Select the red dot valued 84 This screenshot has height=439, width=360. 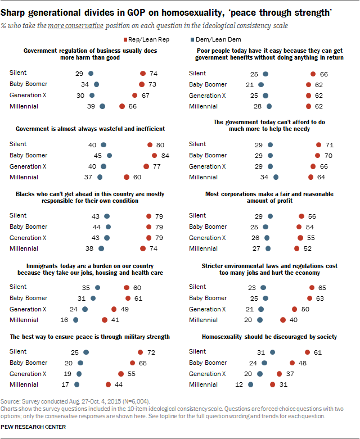tap(154, 155)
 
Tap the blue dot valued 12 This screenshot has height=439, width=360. tap(251, 384)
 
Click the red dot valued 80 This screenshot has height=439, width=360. tap(150, 144)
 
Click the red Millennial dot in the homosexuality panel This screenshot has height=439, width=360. tap(272, 384)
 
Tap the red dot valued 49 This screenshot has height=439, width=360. tap(114, 309)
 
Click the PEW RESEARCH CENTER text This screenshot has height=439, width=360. tap(34, 427)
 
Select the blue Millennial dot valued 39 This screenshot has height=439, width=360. tap(102, 106)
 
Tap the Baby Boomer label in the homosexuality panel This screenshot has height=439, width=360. tap(208, 363)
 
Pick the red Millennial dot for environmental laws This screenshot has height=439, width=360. tap(283, 320)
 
